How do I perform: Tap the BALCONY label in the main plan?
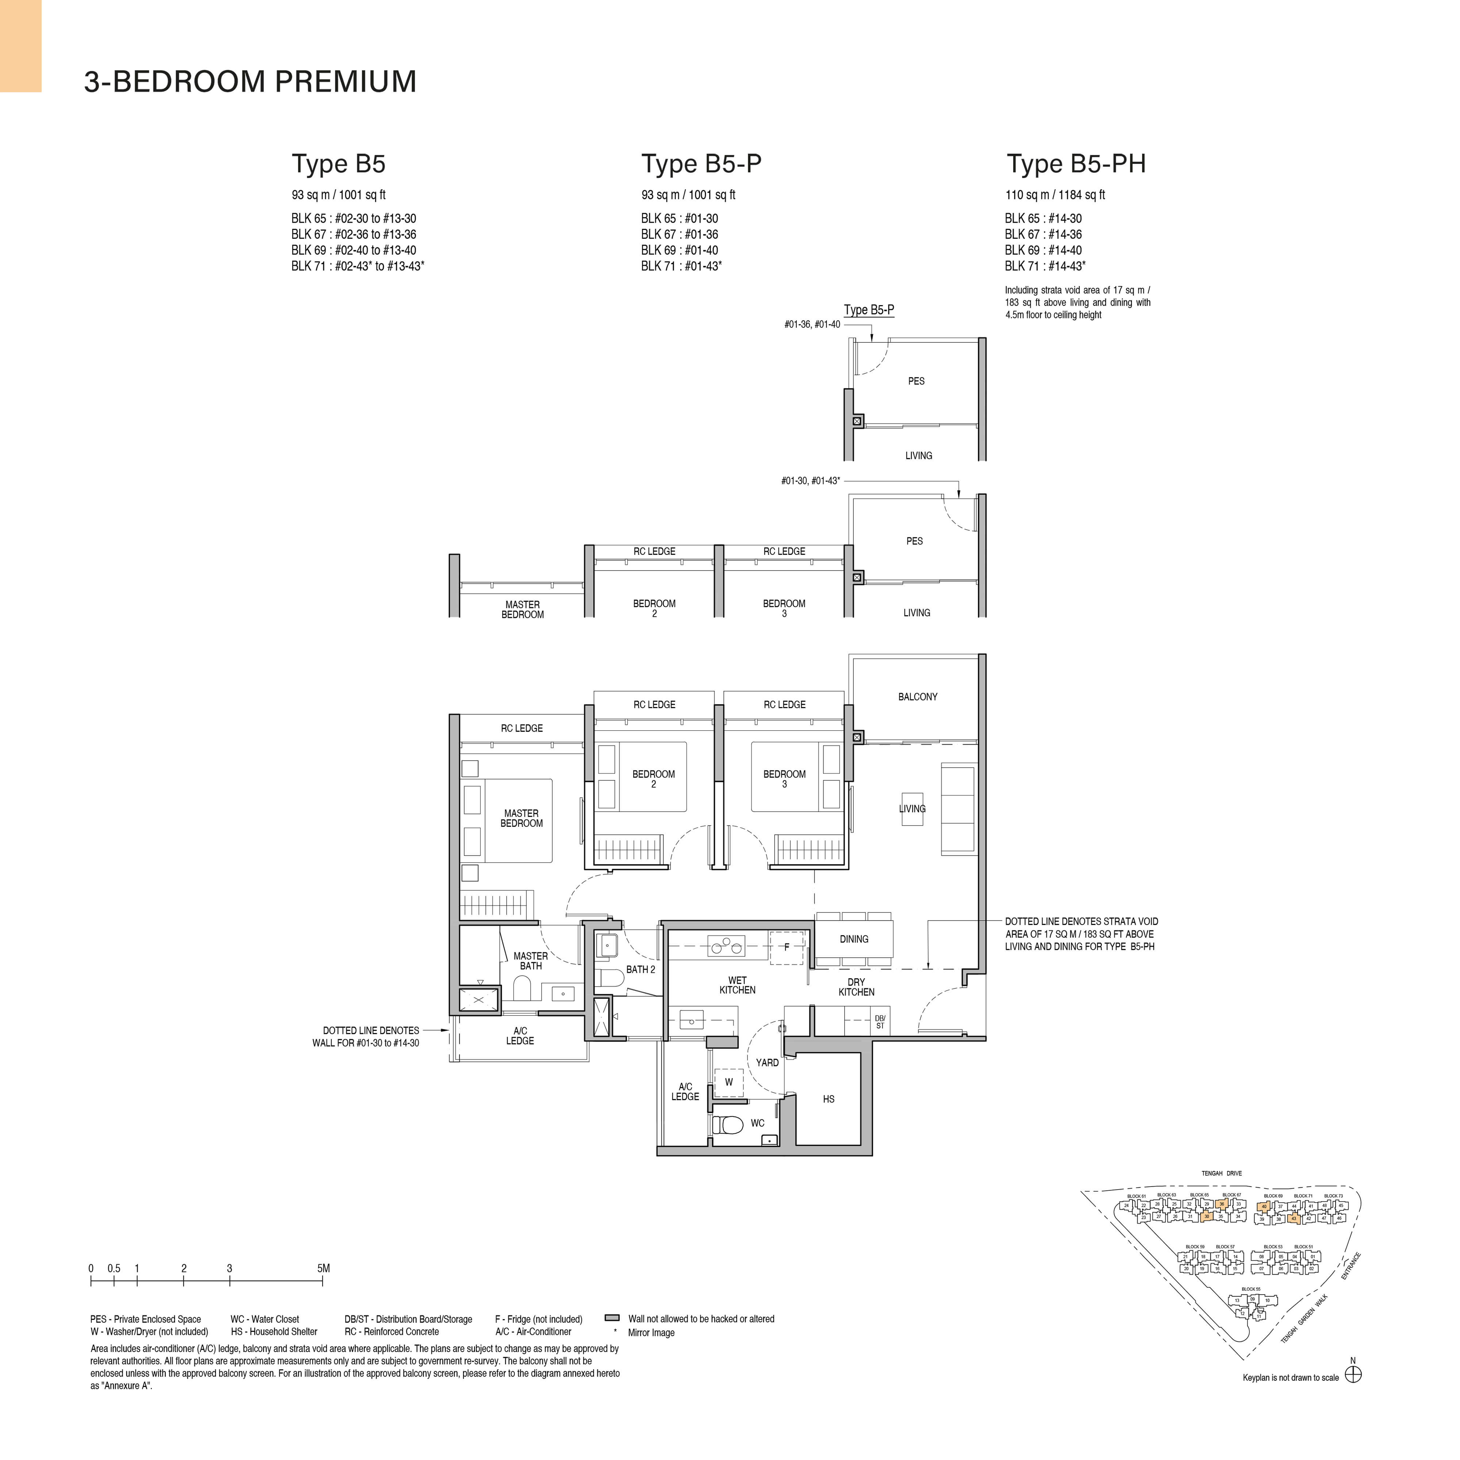click(x=917, y=697)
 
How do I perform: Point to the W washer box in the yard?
click(x=729, y=1082)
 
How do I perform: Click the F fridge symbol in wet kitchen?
click(x=787, y=947)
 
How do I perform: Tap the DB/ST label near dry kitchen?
click(x=880, y=1022)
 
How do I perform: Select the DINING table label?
click(x=854, y=939)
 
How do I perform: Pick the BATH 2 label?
click(x=640, y=969)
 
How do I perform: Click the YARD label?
click(x=767, y=1063)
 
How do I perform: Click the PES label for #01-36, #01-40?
click(x=916, y=382)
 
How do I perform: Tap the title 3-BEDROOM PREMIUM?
click(x=250, y=82)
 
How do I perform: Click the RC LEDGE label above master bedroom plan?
click(x=522, y=729)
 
